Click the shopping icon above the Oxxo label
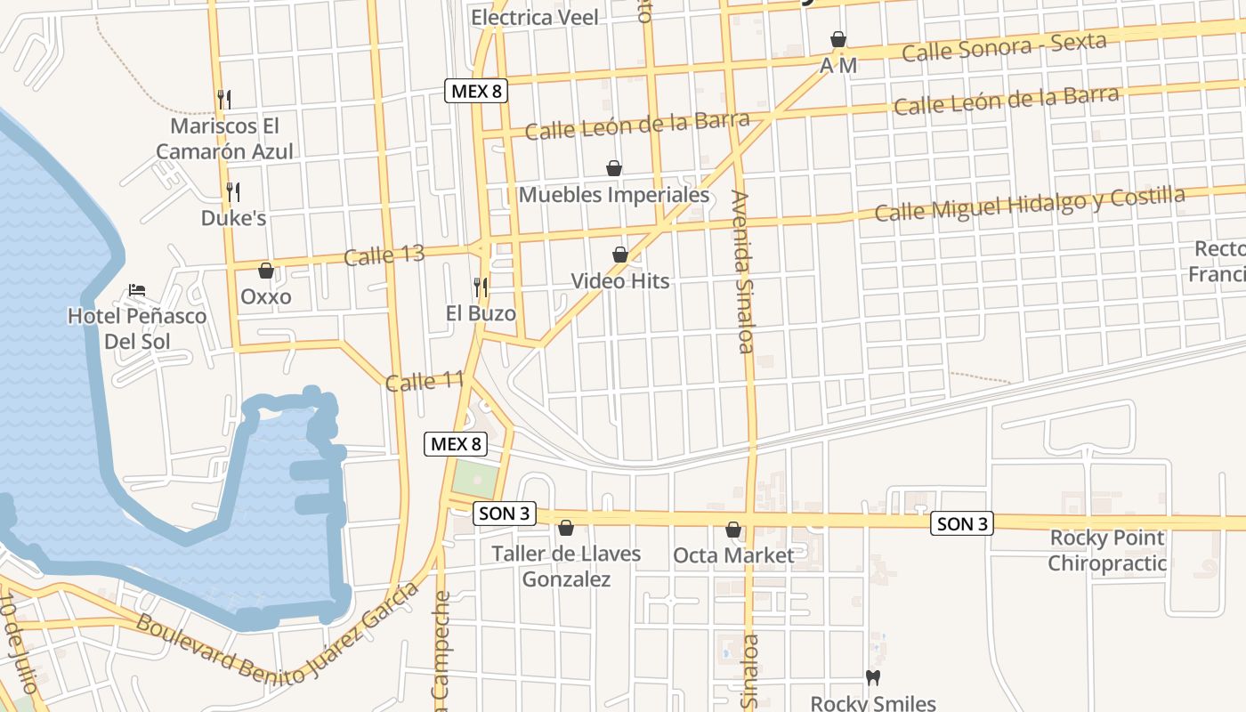pyautogui.click(x=265, y=271)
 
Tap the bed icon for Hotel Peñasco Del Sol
pyautogui.click(x=137, y=290)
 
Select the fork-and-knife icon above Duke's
pyautogui.click(x=233, y=191)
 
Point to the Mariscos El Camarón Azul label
pyautogui.click(x=224, y=139)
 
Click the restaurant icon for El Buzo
pyautogui.click(x=481, y=287)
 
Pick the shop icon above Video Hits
pyautogui.click(x=620, y=255)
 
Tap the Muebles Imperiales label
pyautogui.click(x=614, y=194)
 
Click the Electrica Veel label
pyautogui.click(x=535, y=17)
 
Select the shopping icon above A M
pyautogui.click(x=837, y=39)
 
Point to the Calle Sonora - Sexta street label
pyautogui.click(x=1004, y=47)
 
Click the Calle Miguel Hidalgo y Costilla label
pyautogui.click(x=1030, y=204)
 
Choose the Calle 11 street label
pyautogui.click(x=425, y=382)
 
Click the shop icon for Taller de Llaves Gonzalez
pyautogui.click(x=565, y=528)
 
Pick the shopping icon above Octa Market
pyautogui.click(x=733, y=530)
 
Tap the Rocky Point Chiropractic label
pyautogui.click(x=1107, y=550)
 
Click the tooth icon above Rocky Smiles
pyautogui.click(x=873, y=677)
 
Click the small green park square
pyautogui.click(x=474, y=481)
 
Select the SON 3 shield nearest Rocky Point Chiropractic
pyautogui.click(x=962, y=523)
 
